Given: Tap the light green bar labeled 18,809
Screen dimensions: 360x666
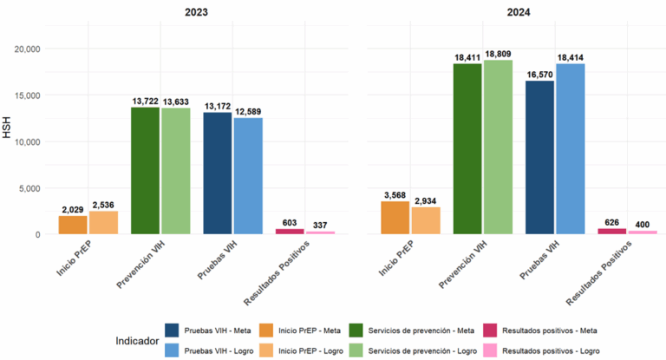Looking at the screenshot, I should [x=499, y=147].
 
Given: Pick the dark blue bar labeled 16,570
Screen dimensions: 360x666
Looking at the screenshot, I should [x=539, y=157].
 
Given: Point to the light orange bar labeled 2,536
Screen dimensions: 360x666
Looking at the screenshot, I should [x=103, y=222].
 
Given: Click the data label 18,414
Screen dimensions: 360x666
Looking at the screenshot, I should [x=571, y=57].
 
